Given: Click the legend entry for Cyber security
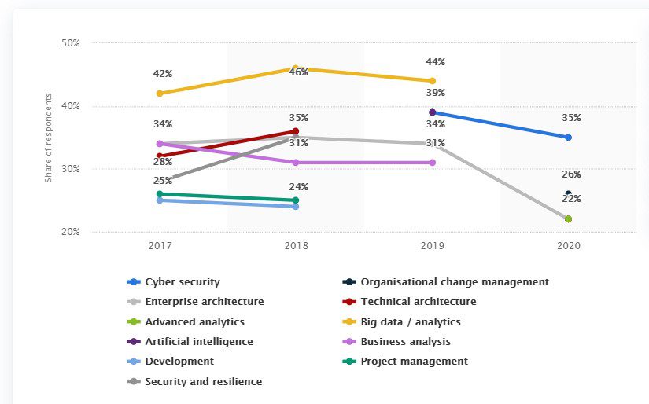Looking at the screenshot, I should pyautogui.click(x=183, y=281).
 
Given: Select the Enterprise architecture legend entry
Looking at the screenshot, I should pyautogui.click(x=204, y=301).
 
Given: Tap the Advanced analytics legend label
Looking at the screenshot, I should pyautogui.click(x=194, y=321).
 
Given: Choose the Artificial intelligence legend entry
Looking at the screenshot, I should pyautogui.click(x=199, y=341).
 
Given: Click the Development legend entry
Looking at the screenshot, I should pyautogui.click(x=179, y=362).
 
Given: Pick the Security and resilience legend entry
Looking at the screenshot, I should pyautogui.click(x=203, y=381).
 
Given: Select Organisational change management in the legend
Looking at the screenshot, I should pyautogui.click(x=454, y=281).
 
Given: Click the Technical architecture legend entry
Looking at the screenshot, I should pyautogui.click(x=418, y=301).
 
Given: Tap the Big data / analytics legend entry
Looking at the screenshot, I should pyautogui.click(x=410, y=321).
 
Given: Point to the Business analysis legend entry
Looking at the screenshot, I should pyautogui.click(x=405, y=341).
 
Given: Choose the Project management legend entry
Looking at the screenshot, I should pyautogui.click(x=414, y=362).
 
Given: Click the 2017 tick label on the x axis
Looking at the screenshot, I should pyautogui.click(x=160, y=246).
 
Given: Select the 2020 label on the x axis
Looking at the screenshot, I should pyautogui.click(x=568, y=246).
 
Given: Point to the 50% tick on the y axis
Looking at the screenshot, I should pyautogui.click(x=70, y=43).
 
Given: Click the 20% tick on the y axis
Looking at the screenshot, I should pyautogui.click(x=70, y=232).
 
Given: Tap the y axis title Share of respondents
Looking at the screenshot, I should pyautogui.click(x=48, y=138).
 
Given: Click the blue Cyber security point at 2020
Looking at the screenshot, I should pyautogui.click(x=568, y=138).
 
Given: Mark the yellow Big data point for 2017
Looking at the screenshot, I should pyautogui.click(x=160, y=94).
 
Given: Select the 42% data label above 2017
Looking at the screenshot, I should pyautogui.click(x=163, y=74).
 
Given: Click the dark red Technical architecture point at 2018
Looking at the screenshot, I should pyautogui.click(x=296, y=131).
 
